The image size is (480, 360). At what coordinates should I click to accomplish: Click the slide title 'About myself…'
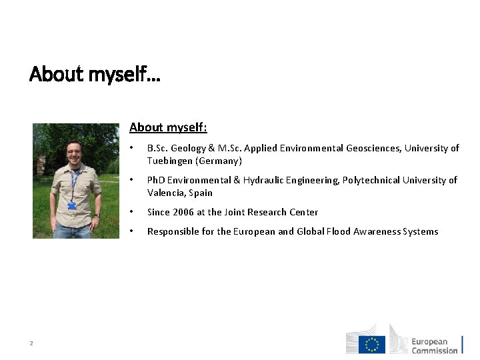click(95, 74)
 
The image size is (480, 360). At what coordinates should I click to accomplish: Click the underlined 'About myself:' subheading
click(168, 127)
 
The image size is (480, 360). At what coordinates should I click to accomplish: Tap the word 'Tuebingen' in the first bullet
click(170, 161)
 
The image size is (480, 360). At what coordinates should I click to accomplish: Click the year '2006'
click(184, 212)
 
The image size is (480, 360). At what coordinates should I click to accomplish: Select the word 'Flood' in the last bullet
click(340, 231)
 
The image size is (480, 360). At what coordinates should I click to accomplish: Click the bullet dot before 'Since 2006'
click(132, 212)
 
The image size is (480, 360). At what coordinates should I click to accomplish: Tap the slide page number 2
click(31, 343)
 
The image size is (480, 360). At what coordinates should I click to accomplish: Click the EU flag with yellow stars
click(372, 344)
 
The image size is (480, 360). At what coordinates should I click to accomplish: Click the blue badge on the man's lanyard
click(72, 206)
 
